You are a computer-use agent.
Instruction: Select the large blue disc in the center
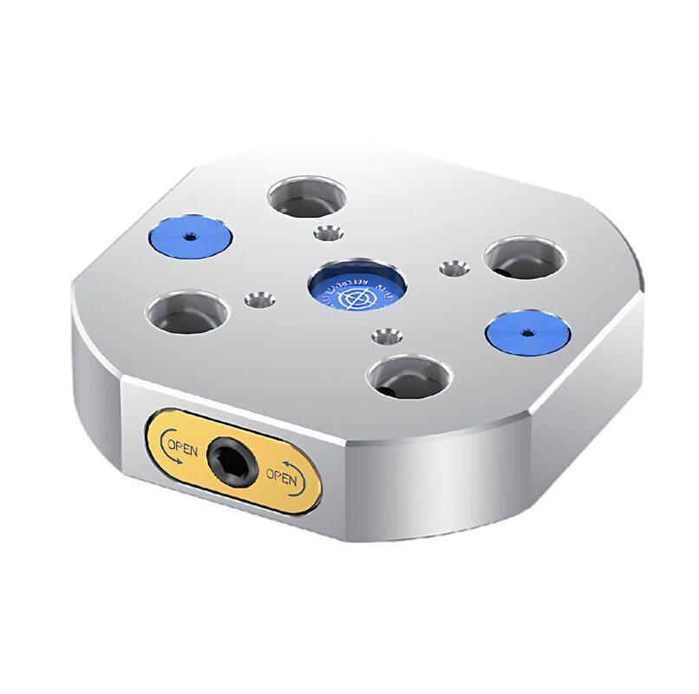pyautogui.click(x=357, y=287)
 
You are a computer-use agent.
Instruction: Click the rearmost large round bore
pyautogui.click(x=308, y=197)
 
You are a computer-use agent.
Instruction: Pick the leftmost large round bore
pyautogui.click(x=186, y=313)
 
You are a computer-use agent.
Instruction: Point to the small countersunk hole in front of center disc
pyautogui.click(x=387, y=334)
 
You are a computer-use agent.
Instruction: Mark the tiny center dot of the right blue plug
pyautogui.click(x=526, y=332)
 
